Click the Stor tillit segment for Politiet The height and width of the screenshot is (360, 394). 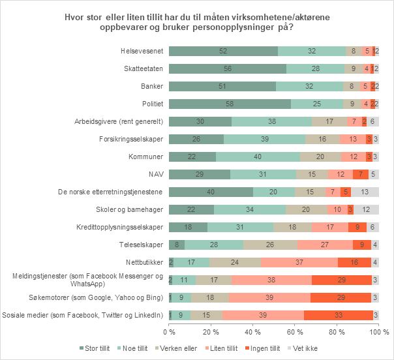pyautogui.click(x=230, y=103)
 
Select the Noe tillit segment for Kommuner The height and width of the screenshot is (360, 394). pyautogui.click(x=258, y=156)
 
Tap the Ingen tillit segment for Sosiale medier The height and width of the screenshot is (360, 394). pyautogui.click(x=339, y=315)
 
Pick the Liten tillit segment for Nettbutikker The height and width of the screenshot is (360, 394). pyautogui.click(x=299, y=262)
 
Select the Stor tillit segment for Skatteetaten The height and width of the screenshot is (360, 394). pyautogui.click(x=228, y=68)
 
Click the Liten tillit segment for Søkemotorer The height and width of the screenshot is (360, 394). pyautogui.click(x=269, y=297)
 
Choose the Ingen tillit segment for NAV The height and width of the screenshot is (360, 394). pyautogui.click(x=361, y=174)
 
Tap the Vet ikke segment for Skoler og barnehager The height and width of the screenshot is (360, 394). pyautogui.click(x=367, y=209)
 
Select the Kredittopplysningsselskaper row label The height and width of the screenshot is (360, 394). pyautogui.click(x=119, y=227)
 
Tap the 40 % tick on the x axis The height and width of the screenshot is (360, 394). pyautogui.click(x=253, y=332)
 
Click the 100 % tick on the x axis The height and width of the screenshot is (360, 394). pyautogui.click(x=378, y=332)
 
